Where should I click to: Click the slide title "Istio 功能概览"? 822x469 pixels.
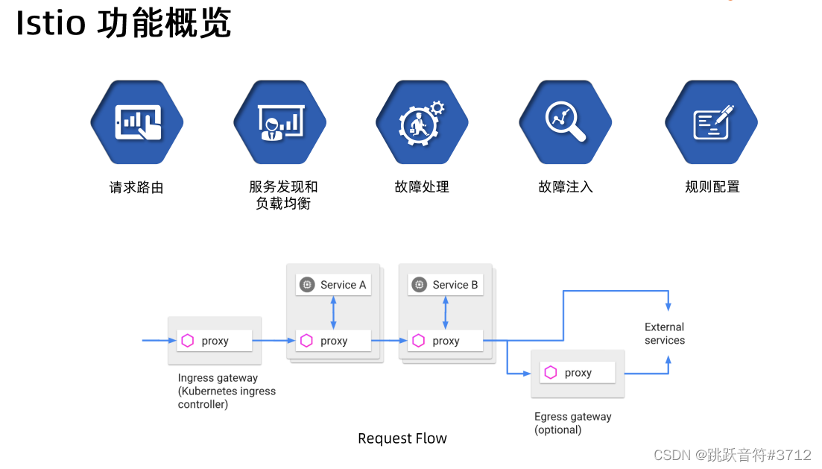point(124,24)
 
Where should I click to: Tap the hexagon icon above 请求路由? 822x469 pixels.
point(137,122)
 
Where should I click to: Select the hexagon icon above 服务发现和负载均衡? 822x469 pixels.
point(280,122)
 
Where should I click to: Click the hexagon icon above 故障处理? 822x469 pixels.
point(422,122)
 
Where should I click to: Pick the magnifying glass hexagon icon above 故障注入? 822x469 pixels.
point(566,122)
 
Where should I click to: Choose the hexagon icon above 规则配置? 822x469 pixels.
point(711,122)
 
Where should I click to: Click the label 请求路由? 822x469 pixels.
point(136,187)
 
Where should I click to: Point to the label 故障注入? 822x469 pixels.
point(566,186)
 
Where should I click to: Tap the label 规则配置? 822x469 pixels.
point(712,186)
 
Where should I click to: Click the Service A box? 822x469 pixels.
point(333,285)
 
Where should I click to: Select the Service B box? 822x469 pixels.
point(446,285)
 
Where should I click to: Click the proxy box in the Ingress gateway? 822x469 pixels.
point(215,341)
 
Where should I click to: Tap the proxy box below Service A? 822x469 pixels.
point(333,341)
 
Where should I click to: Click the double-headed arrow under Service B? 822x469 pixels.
point(446,312)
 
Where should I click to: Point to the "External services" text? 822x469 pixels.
point(664,333)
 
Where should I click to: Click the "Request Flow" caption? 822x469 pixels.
point(402,438)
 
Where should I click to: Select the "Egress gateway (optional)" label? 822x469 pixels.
point(572,423)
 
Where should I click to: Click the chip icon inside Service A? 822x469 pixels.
point(307,285)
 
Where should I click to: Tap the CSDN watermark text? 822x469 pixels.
point(732,454)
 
